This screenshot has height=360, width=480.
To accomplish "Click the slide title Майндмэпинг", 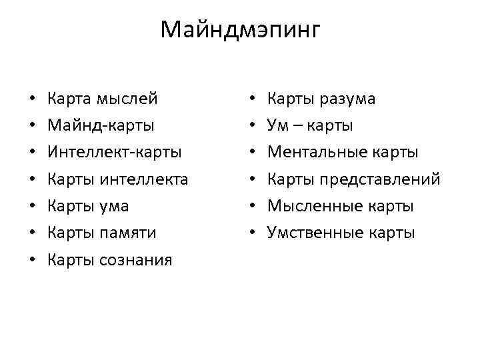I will [x=241, y=29].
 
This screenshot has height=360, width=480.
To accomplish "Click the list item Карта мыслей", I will [x=103, y=99].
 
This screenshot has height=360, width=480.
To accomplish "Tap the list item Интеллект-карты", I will [x=115, y=152].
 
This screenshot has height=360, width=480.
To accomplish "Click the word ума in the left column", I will [x=115, y=205].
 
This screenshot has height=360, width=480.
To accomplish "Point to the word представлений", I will [x=380, y=179].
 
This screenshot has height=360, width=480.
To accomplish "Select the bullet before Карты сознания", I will [x=33, y=260].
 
